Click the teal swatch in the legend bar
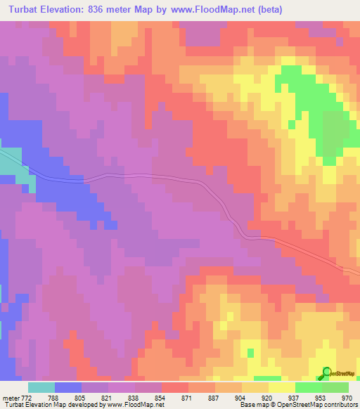click(x=41, y=387)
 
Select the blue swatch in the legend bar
click(x=68, y=387)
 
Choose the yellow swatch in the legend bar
click(x=282, y=387)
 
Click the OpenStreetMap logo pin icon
click(x=326, y=373)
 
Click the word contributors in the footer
click(x=339, y=404)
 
